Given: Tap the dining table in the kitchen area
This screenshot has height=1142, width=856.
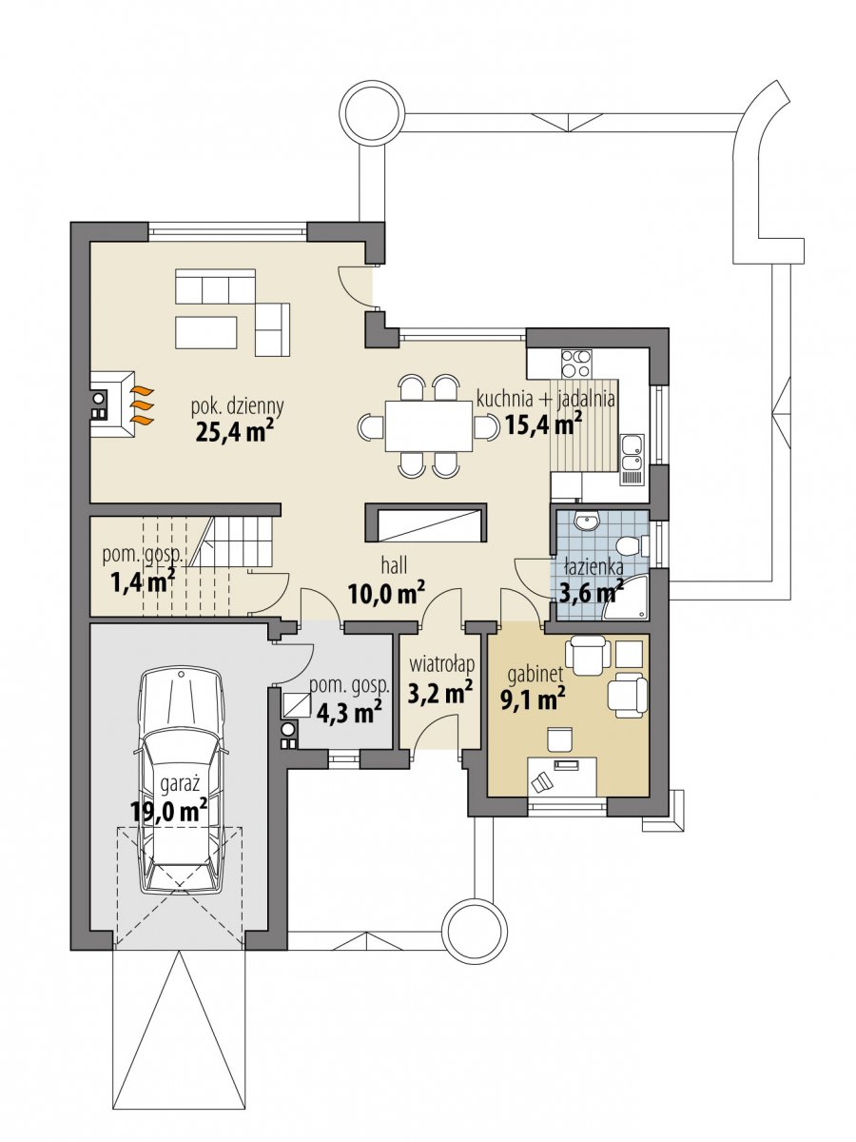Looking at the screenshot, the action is [428, 425].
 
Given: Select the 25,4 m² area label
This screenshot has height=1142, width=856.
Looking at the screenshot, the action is [235, 431].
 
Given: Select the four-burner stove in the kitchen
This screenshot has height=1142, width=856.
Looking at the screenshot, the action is [575, 363].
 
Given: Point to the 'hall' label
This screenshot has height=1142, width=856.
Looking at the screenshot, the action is [394, 565].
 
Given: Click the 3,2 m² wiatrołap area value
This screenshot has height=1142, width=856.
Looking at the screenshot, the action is [440, 694].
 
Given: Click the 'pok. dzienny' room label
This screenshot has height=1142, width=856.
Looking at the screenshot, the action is [238, 406].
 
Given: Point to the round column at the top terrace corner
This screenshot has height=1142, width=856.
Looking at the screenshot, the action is [372, 113].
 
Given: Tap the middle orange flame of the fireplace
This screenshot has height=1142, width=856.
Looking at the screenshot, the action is [142, 404].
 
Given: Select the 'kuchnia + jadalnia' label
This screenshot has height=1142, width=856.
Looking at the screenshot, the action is [546, 399].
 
